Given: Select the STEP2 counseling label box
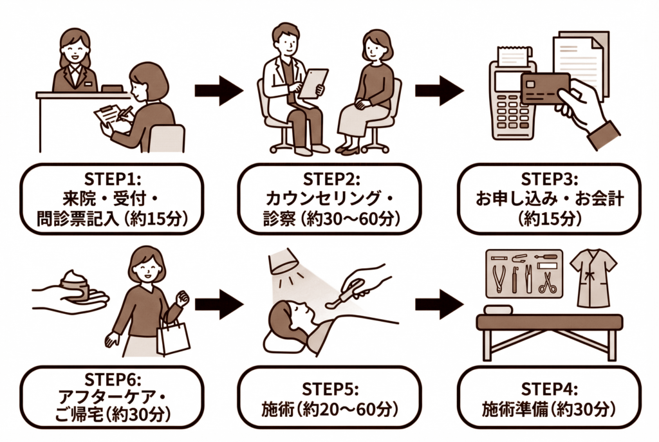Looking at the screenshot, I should pos(329,198).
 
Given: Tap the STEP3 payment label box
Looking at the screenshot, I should pos(549,198).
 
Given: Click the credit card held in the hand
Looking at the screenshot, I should pos(544,89).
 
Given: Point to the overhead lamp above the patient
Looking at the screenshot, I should pos(284,261).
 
